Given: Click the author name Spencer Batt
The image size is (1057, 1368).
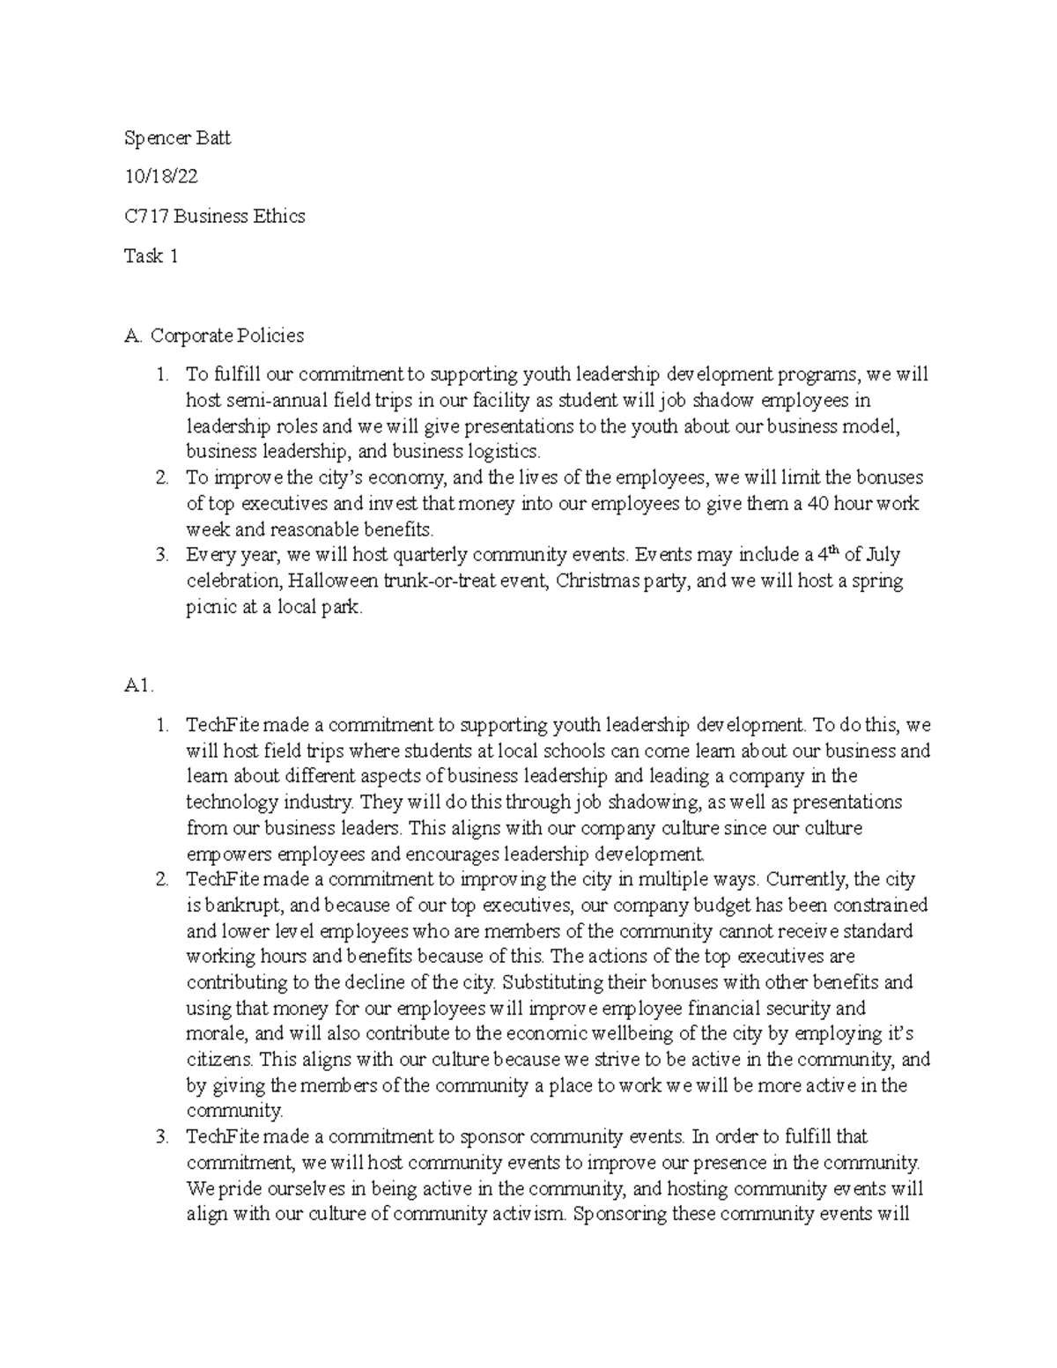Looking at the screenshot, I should pos(177,138).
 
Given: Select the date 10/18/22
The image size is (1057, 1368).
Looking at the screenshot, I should pos(160,177).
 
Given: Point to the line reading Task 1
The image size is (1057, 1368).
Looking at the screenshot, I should pos(152,255).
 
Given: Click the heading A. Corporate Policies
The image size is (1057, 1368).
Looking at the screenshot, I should pos(214,336).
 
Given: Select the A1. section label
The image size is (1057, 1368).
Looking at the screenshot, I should pos(140,687).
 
